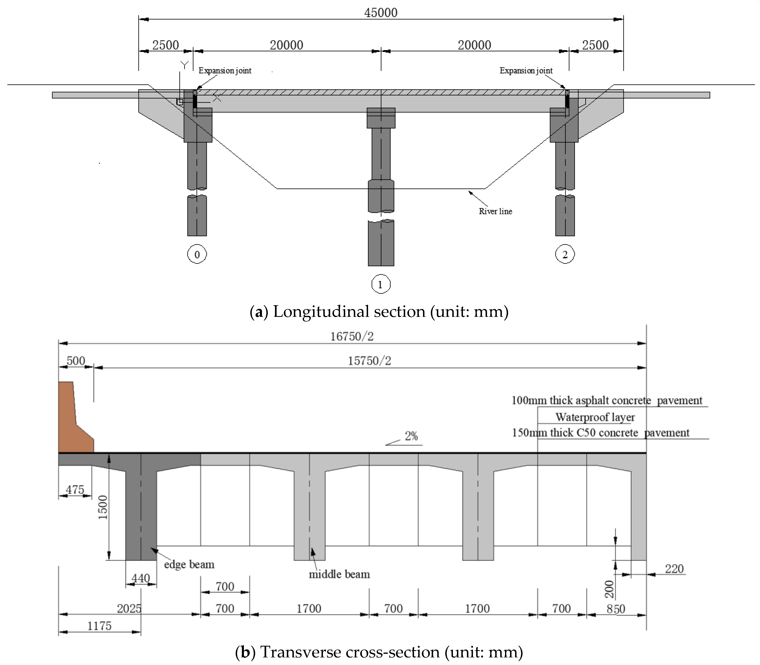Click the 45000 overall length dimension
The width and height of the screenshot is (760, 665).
click(381, 13)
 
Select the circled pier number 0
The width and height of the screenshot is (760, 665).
click(197, 254)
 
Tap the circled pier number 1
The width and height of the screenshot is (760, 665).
click(380, 284)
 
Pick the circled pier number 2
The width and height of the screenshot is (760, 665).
click(565, 254)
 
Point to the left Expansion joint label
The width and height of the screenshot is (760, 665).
click(225, 71)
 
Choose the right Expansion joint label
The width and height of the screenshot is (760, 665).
click(526, 71)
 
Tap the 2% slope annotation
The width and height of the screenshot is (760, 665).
click(411, 436)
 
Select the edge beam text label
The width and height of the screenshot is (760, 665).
click(189, 565)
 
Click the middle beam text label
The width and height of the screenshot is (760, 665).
click(339, 574)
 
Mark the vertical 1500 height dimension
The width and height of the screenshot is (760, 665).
click(103, 507)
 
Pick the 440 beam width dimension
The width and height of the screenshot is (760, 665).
click(141, 578)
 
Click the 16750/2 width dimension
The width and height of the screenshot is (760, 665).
click(352, 337)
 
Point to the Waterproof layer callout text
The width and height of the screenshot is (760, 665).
click(595, 417)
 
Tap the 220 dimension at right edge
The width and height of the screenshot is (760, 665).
click(674, 569)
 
